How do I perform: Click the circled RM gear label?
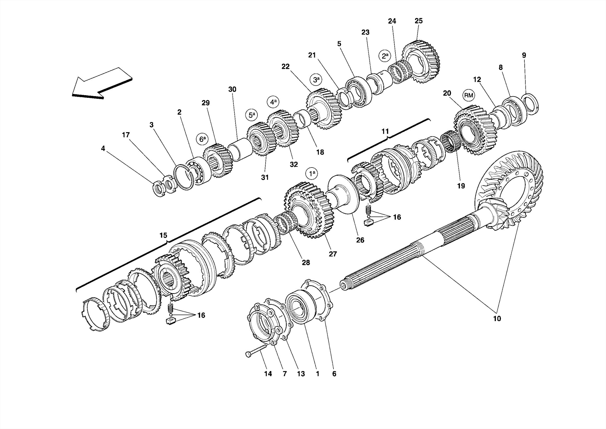point(468,95)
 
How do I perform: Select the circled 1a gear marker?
point(312,173)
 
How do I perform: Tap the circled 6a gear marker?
point(202,139)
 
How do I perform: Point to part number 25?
point(418,21)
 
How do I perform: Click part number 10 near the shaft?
point(497,319)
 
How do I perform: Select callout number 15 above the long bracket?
point(163,235)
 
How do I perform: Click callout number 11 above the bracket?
point(385,131)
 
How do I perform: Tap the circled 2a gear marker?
point(385,56)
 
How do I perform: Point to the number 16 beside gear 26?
point(397,217)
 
